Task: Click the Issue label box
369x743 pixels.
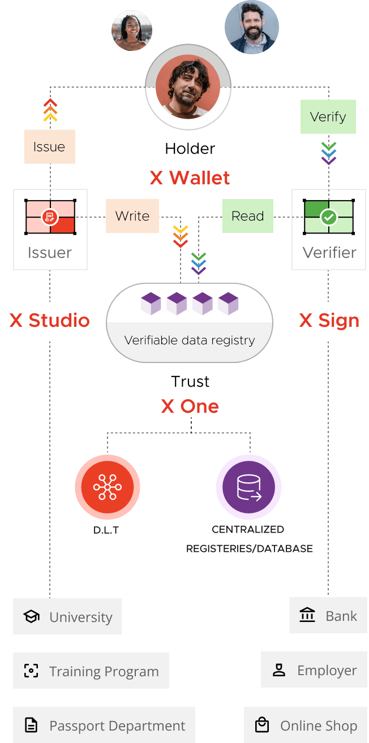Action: point(50,147)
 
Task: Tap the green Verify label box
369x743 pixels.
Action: point(328,117)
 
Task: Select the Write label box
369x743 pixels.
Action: point(132,216)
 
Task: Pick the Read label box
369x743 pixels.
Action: point(247,216)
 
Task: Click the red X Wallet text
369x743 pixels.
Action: point(190,178)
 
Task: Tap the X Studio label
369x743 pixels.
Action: point(50,321)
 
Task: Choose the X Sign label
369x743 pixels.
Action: point(329,321)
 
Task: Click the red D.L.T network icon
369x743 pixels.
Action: point(108,487)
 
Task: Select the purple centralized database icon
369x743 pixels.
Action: point(248,487)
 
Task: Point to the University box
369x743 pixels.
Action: point(67,616)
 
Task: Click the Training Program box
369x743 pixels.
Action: point(91,671)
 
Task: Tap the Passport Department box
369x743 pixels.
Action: point(104,725)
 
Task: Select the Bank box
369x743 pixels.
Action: point(328,615)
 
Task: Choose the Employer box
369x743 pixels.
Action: point(315,669)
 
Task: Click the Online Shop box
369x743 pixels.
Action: point(306,725)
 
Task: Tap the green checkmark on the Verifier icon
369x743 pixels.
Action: point(328,217)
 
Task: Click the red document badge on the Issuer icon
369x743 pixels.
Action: point(50,217)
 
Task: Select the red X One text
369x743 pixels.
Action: point(190,406)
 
